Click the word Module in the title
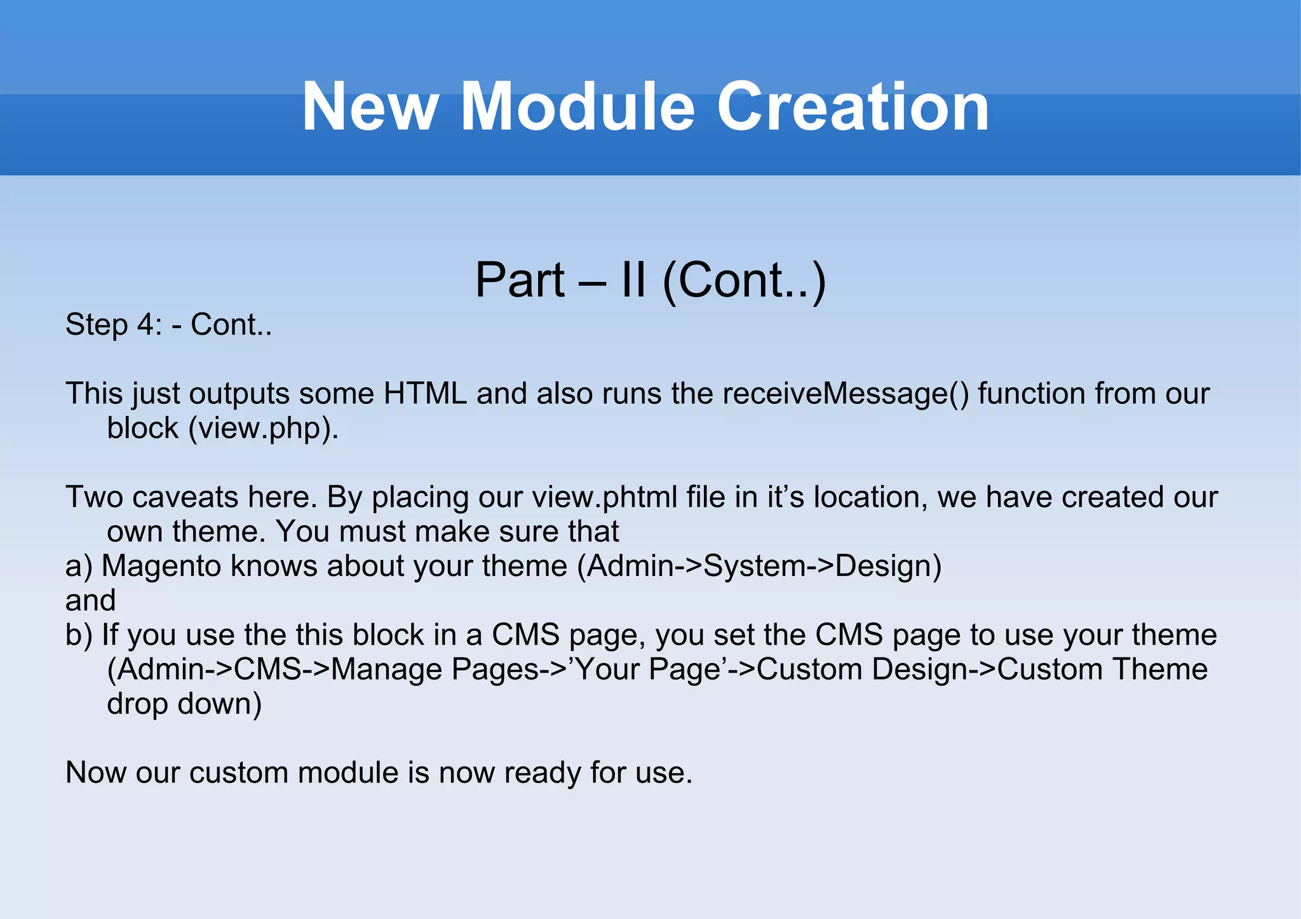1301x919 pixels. [577, 107]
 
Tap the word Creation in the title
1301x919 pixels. [853, 107]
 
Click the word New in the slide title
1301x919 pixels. [369, 107]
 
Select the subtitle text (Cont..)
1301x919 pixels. [744, 280]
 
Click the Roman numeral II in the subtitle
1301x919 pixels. [633, 280]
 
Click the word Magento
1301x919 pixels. [161, 566]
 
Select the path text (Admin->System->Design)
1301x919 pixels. [759, 566]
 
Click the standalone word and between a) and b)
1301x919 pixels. [90, 601]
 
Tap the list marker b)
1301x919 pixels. [79, 635]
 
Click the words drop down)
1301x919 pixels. [184, 704]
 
